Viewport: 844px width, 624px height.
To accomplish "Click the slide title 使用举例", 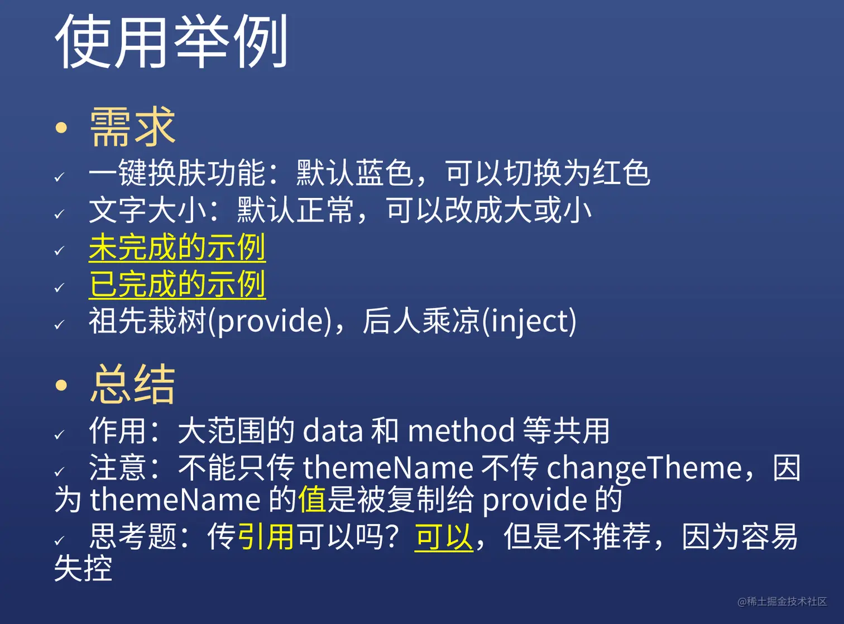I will [x=171, y=42].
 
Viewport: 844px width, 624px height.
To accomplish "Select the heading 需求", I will [x=132, y=127].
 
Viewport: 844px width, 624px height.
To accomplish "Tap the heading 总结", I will [x=132, y=384].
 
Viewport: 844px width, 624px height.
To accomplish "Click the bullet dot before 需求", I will [x=61, y=128].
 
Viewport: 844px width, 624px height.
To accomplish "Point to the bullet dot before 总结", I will [x=61, y=385].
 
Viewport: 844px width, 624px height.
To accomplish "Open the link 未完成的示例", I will [x=177, y=247].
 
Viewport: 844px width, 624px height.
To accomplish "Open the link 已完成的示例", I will [x=177, y=284].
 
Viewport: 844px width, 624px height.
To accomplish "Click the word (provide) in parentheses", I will [x=270, y=321].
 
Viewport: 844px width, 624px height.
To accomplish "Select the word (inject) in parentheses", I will [x=529, y=321].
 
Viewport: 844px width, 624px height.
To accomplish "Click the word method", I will [x=461, y=431].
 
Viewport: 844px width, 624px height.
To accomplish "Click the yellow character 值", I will [x=312, y=499].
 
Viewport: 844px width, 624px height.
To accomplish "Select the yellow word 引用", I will [x=266, y=536].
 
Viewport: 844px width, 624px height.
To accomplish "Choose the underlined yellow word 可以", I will [x=443, y=536].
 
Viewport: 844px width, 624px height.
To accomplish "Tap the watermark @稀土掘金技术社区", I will [x=781, y=601].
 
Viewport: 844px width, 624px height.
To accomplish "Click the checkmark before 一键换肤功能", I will [x=60, y=177].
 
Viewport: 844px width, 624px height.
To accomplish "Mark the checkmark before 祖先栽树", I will [x=60, y=325].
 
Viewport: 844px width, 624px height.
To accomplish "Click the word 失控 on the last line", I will [x=83, y=568].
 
